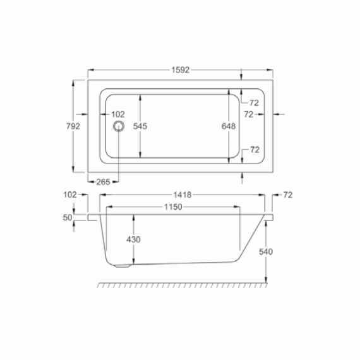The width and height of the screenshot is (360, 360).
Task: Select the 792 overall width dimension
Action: pos(73,126)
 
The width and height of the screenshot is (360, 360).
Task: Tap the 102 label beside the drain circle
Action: pos(118,114)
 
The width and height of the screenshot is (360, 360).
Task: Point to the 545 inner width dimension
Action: pos(140,126)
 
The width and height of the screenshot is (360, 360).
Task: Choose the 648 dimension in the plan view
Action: pos(229,126)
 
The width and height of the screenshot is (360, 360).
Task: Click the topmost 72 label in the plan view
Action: pos(255,102)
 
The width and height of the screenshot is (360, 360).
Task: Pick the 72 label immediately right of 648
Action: pos(249,114)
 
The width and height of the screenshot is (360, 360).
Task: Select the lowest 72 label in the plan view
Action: pos(255,150)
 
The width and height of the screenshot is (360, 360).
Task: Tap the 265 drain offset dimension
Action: pos(104,182)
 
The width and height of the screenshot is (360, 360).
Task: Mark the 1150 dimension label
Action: pos(174,207)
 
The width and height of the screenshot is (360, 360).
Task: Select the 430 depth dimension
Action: pos(134,240)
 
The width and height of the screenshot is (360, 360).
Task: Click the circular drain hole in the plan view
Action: pos(118,126)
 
